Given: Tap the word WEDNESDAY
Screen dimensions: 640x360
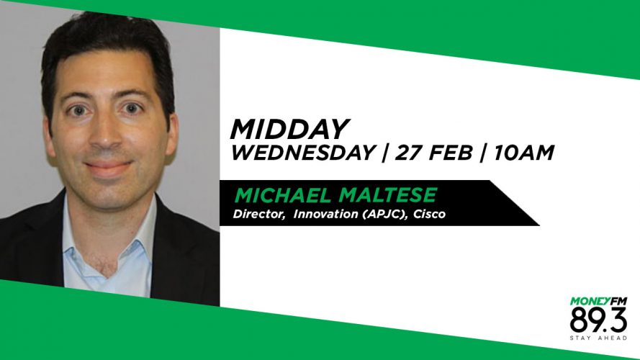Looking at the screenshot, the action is click(303, 153).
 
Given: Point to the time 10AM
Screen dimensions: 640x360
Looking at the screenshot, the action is click(524, 153).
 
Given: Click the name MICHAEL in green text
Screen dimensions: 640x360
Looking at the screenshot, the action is click(283, 195).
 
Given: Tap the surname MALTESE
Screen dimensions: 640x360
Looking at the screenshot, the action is click(388, 195).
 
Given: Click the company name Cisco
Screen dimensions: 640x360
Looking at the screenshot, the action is click(429, 214).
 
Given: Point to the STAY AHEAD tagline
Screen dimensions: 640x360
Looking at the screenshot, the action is click(598, 338).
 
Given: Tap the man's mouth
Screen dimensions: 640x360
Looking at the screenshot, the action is click(108, 167).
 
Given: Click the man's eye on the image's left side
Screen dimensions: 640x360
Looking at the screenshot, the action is click(78, 110).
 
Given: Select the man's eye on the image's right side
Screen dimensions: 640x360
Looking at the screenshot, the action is click(132, 109).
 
